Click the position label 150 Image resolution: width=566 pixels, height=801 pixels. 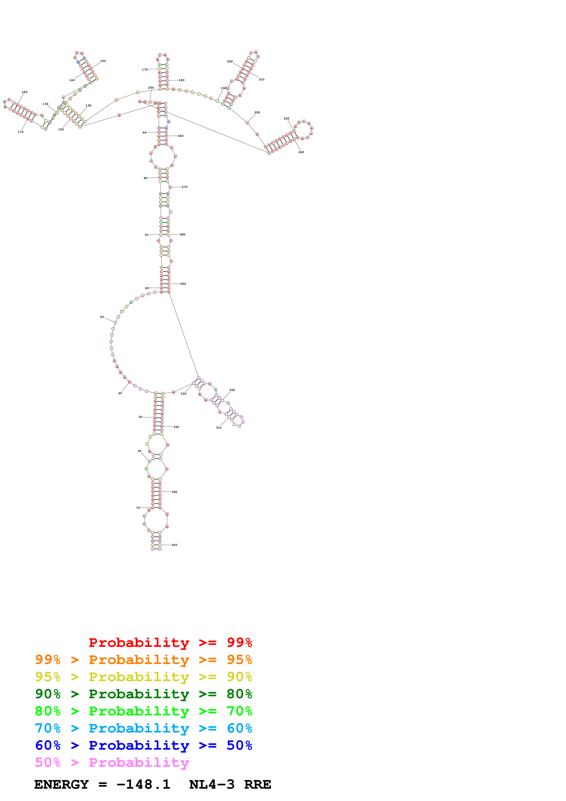tap(103, 61)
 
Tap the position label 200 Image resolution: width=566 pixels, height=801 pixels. tap(230, 61)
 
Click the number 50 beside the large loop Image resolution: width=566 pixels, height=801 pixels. tap(102, 317)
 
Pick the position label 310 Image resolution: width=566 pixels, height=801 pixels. tap(219, 428)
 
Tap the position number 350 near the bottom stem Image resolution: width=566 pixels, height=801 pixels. tap(174, 545)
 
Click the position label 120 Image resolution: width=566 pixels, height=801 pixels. tap(24, 92)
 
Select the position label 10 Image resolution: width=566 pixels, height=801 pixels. tap(138, 508)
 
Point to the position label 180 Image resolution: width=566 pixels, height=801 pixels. tap(182, 80)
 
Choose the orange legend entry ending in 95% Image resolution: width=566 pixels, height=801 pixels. tap(143, 660)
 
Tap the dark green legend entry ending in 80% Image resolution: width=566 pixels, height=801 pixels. tap(143, 694)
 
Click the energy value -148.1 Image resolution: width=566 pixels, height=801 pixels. tap(143, 785)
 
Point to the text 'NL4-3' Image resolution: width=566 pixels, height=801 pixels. tap(212, 785)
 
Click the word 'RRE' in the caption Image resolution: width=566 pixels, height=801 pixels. tap(257, 785)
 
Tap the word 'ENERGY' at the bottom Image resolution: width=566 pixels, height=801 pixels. tap(61, 785)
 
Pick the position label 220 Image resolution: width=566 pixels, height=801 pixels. tap(257, 112)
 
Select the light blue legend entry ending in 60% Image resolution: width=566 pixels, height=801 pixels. tap(143, 728)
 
